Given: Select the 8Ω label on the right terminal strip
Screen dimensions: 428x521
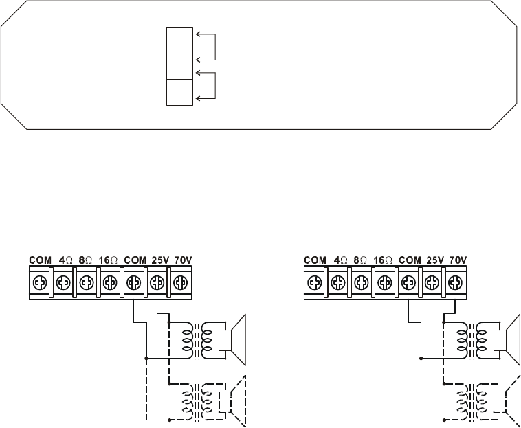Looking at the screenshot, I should point(362,261).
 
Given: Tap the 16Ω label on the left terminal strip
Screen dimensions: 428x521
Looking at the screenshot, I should point(109,261).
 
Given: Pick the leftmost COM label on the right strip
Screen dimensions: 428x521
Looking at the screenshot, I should point(315,261).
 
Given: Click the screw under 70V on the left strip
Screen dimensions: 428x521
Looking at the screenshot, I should point(179,282).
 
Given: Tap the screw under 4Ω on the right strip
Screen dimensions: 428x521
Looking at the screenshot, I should point(337,282).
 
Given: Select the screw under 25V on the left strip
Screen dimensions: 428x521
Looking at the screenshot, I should point(156,282).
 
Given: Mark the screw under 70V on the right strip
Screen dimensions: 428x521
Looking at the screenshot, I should point(455,282).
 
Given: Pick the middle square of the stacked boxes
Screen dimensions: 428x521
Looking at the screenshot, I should point(179,67).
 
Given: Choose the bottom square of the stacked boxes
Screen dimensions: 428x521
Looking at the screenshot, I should point(179,93).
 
